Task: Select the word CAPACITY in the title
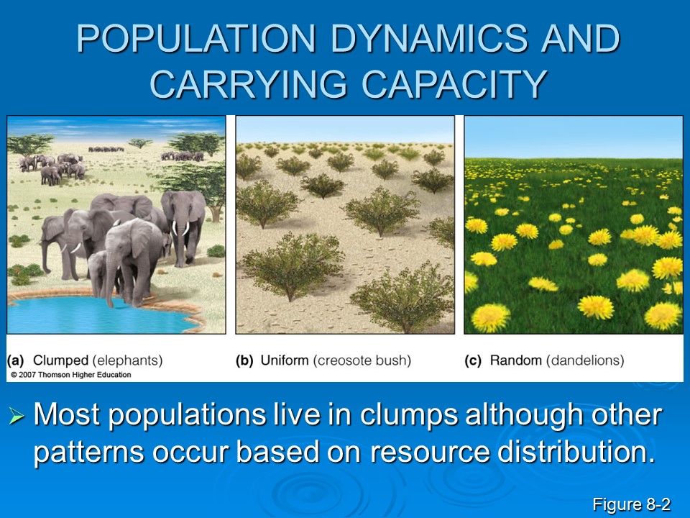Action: coord(454,83)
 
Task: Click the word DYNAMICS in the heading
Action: coord(429,38)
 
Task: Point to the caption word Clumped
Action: coord(60,360)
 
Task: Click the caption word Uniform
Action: coord(285,360)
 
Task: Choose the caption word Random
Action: coord(516,360)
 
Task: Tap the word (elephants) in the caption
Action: coord(128,360)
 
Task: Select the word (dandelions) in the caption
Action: coord(585,360)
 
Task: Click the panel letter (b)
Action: coord(244,360)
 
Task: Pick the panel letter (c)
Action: coord(473,360)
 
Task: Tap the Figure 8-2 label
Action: coord(632,504)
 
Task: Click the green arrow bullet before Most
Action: coord(17,416)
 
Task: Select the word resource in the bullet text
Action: coord(429,453)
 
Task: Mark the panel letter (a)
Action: coord(15,360)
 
